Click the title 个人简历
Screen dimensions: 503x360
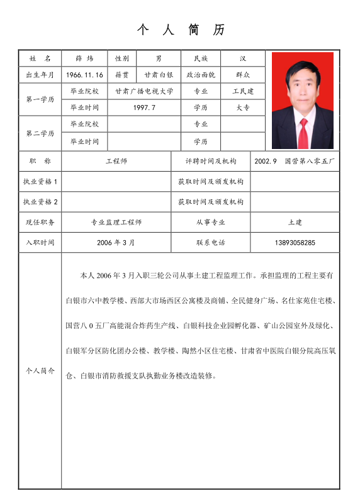coord(180,30)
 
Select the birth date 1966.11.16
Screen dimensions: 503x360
coord(84,75)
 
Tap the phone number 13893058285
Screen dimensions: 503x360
coord(295,243)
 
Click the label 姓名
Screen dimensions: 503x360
coord(40,58)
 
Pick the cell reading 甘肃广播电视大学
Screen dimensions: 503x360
coord(144,91)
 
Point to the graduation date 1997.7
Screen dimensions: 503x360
coord(144,108)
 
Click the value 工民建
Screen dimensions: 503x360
coord(243,91)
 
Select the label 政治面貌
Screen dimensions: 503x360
coord(201,75)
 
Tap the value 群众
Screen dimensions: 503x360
coord(243,75)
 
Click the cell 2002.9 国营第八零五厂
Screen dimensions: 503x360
coord(295,162)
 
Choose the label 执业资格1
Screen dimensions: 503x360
coord(40,182)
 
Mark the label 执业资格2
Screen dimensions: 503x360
coord(40,202)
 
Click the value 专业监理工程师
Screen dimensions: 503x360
coord(116,222)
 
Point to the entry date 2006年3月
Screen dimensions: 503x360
coord(116,243)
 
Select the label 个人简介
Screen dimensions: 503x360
coord(40,371)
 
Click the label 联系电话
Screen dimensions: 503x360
coord(210,243)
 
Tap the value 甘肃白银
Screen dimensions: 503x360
coord(159,75)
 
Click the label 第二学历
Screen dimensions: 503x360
coord(40,133)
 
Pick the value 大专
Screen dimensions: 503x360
coord(243,108)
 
